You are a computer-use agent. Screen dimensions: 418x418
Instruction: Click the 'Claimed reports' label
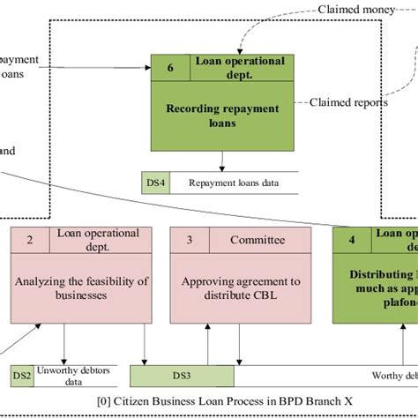(x=349, y=102)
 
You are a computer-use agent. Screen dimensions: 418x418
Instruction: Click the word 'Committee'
(x=257, y=239)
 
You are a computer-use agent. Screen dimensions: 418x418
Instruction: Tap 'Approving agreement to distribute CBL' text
(x=240, y=288)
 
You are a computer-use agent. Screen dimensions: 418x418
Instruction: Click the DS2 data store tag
(x=21, y=377)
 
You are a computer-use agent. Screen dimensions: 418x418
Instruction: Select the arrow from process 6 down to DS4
(x=221, y=160)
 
